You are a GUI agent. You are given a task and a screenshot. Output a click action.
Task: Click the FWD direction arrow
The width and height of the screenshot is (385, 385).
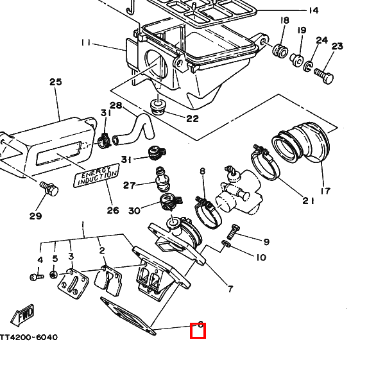coord(22,316)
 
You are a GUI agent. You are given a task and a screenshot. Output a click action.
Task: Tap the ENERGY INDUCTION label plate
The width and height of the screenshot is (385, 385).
coord(96,175)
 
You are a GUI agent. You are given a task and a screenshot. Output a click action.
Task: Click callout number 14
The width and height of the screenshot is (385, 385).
coord(313,10)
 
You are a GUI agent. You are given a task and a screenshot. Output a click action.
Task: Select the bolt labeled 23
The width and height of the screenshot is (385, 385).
coord(324,75)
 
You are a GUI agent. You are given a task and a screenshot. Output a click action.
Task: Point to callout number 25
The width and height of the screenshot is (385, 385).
coord(56,81)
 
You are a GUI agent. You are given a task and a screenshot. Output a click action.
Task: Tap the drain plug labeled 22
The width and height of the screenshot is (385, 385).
coord(157,107)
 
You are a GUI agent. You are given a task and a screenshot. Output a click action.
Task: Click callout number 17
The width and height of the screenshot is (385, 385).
coord(325,191)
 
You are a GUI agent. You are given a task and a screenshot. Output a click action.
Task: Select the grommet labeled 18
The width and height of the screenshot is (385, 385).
coord(280,51)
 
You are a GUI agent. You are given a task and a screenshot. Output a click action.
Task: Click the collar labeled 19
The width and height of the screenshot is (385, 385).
coord(297,60)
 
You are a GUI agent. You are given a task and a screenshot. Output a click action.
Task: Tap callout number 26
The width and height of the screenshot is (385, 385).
coord(113,210)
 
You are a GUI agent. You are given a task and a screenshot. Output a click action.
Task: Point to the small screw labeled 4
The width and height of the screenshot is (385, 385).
coord(37,277)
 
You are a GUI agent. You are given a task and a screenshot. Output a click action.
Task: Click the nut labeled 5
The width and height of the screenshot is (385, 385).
coord(53,275)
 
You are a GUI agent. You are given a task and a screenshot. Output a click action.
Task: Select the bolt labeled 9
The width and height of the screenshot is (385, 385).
coord(232,232)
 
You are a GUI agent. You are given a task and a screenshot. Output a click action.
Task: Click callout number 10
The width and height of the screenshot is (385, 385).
coord(261,257)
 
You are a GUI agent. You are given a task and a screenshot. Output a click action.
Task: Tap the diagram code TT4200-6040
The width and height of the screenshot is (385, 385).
coord(28,337)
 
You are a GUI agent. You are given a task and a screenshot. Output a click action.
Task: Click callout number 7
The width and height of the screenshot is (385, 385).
coord(230,289)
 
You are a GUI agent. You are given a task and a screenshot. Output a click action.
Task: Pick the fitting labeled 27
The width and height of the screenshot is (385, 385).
coord(162,179)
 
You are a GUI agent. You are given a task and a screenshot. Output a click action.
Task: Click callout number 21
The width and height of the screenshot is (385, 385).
coord(309,201)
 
